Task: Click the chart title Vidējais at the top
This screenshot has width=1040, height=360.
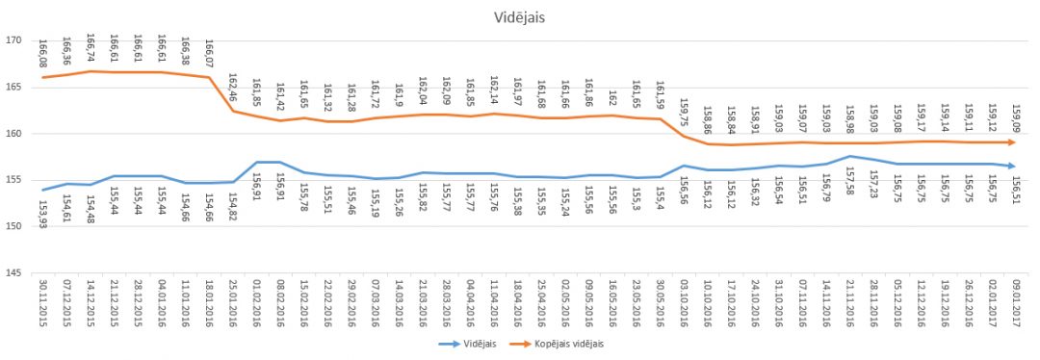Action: click(521, 17)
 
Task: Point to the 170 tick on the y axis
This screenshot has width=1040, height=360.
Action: click(14, 40)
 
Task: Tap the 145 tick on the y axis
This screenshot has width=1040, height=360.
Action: click(14, 273)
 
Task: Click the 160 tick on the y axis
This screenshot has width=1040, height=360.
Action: click(14, 134)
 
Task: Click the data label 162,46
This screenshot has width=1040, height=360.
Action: click(234, 90)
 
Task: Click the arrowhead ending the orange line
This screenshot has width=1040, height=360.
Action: click(1013, 142)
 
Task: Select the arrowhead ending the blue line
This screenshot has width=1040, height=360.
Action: click(1013, 166)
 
